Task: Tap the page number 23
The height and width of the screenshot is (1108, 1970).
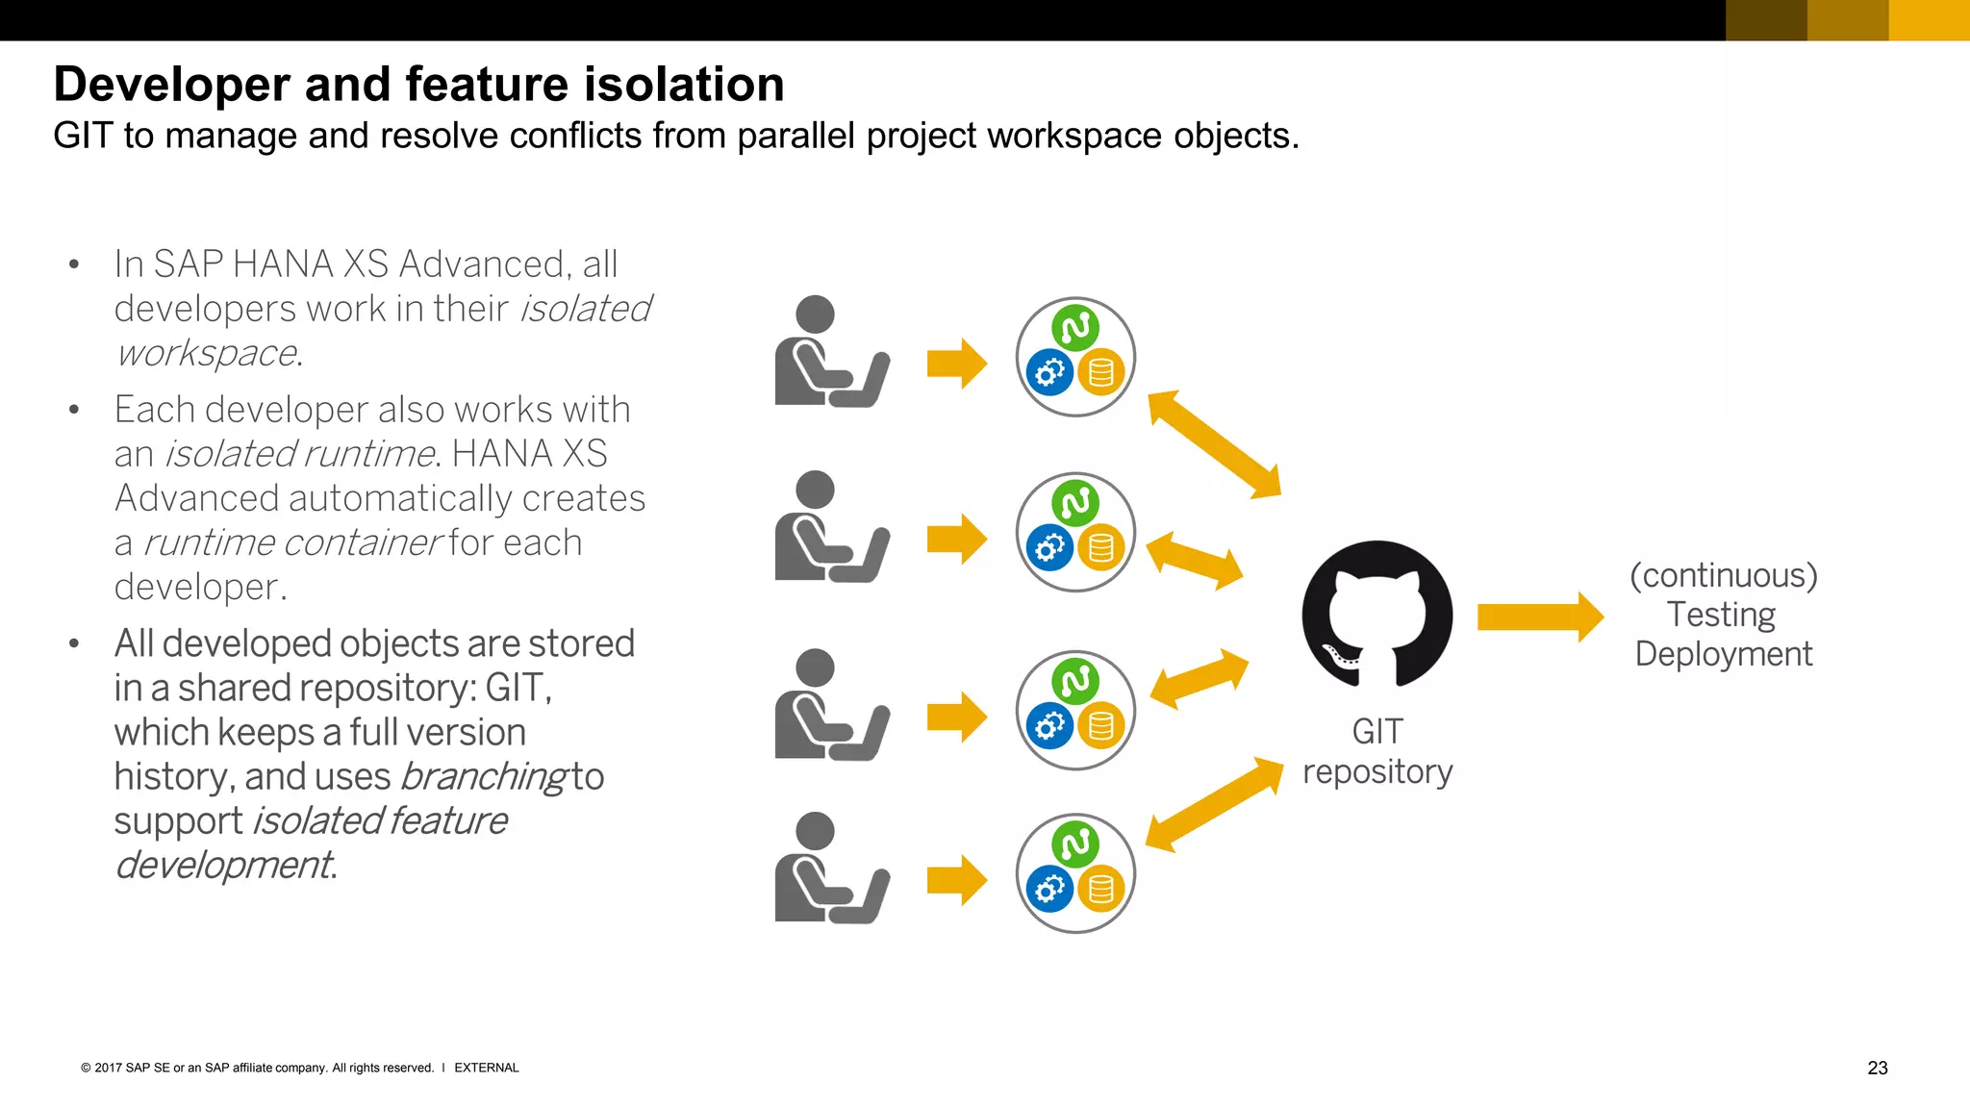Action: point(1877,1068)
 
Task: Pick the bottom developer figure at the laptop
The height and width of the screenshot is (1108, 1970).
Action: point(829,868)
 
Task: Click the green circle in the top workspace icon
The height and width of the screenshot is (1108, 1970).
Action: point(1075,328)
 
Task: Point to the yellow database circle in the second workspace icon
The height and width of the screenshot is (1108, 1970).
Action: point(1101,548)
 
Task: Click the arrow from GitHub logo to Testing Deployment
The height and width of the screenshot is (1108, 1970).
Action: point(1539,617)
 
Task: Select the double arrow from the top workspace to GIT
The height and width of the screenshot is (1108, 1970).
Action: point(1214,444)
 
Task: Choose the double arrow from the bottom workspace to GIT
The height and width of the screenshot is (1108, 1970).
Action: point(1214,805)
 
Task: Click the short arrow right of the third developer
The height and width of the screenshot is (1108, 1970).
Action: point(956,717)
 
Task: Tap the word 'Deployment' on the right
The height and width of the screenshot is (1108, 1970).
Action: point(1723,654)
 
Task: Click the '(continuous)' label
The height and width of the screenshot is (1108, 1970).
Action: point(1723,575)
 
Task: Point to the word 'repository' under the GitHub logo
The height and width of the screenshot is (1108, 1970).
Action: point(1377,771)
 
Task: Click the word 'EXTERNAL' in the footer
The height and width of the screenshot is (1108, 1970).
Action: point(486,1068)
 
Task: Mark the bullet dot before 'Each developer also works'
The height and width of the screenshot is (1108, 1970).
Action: point(74,410)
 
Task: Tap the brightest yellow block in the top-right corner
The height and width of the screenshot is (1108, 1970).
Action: point(1929,20)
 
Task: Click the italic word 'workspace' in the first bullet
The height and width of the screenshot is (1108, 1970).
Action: point(205,353)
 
